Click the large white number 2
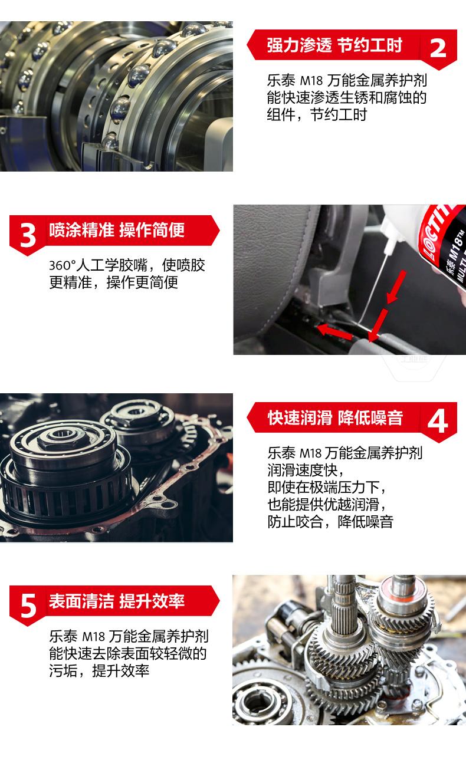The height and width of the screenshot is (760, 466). [x=438, y=48]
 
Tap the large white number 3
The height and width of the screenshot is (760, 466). [x=28, y=235]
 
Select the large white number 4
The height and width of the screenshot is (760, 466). [x=438, y=422]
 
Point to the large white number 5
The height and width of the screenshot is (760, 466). [x=28, y=606]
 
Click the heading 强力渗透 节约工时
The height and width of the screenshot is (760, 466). [x=334, y=45]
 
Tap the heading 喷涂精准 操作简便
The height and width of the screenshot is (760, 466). [x=117, y=230]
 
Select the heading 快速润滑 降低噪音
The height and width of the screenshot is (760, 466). [x=335, y=417]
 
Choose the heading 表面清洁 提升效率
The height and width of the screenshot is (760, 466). [x=117, y=601]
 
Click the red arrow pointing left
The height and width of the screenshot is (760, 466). [x=334, y=331]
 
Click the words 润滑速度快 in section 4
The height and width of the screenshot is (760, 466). [x=303, y=471]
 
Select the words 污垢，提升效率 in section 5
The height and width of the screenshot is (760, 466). [x=99, y=671]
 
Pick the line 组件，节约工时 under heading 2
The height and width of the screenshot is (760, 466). [x=317, y=115]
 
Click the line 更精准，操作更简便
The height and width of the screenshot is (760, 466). [x=113, y=282]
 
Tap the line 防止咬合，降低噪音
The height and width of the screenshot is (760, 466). [x=330, y=522]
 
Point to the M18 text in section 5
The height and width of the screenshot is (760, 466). [x=94, y=637]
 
